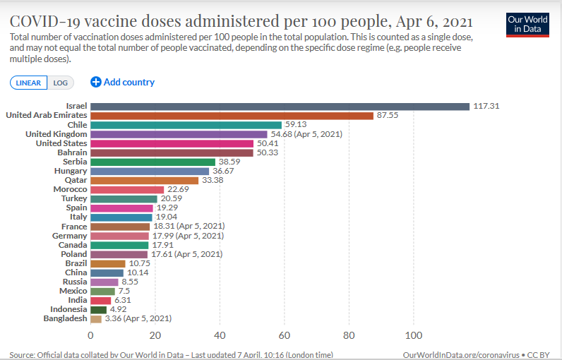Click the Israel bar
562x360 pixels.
280,107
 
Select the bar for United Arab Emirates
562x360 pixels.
232,116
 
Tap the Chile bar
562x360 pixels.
186,125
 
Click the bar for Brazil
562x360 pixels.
107,263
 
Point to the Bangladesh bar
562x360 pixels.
96,318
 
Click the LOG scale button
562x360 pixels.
61,83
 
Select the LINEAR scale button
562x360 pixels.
29,83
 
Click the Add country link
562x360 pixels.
123,82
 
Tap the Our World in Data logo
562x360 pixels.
528,24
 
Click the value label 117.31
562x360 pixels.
486,107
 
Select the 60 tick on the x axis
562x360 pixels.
285,335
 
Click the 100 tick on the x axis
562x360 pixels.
414,335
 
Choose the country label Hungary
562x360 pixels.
71,171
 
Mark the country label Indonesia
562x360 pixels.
68,309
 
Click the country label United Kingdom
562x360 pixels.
56,134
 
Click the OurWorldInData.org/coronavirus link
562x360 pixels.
460,354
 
